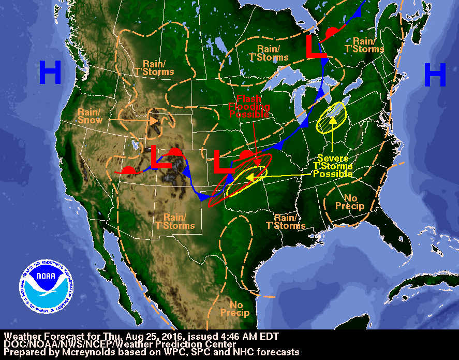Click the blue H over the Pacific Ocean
click(x=50, y=73)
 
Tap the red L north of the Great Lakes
click(x=315, y=47)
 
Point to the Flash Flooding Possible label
click(x=249, y=106)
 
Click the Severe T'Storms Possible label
click(x=333, y=166)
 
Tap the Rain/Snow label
click(x=91, y=116)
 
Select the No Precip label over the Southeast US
click(x=350, y=202)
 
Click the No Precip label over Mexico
click(x=235, y=309)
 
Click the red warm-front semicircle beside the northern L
click(x=332, y=34)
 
